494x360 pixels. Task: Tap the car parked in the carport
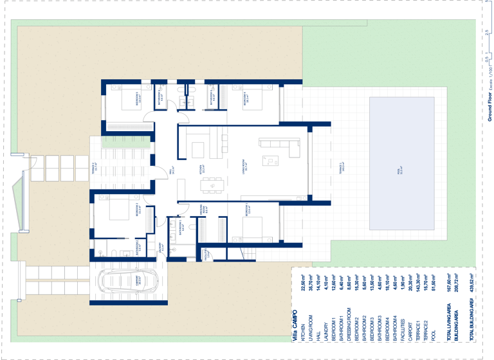click(x=126, y=282)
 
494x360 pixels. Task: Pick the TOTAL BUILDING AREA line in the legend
click(x=475, y=309)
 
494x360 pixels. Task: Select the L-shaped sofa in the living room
click(x=286, y=148)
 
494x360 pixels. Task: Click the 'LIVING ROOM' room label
click(x=245, y=166)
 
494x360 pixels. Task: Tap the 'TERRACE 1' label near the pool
click(x=342, y=168)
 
